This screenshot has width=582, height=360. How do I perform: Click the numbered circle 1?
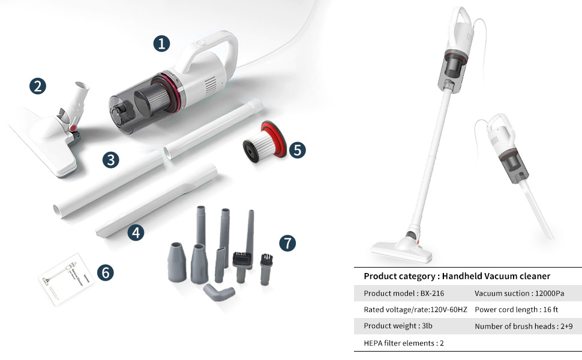[x=161, y=43]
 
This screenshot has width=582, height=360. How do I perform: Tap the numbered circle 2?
[x=38, y=86]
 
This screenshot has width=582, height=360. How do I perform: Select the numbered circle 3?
[x=110, y=160]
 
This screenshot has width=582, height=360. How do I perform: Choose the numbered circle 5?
[x=297, y=149]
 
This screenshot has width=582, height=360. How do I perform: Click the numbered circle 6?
[x=106, y=272]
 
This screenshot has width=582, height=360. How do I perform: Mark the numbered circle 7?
[x=287, y=242]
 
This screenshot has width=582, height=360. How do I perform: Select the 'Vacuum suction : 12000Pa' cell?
[x=519, y=293]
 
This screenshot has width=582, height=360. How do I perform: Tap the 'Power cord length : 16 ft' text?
[x=516, y=310]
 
